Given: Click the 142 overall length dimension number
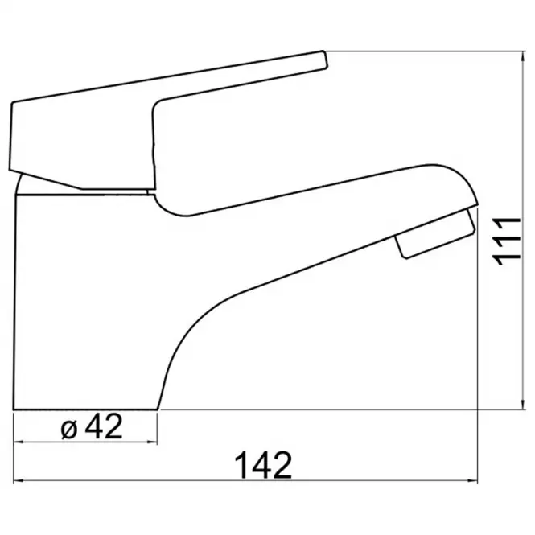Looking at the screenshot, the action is tap(263, 465).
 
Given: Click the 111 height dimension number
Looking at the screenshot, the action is tap(506, 241).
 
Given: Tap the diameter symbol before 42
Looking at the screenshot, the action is tap(69, 430).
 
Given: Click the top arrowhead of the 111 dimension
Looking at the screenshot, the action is tap(523, 57).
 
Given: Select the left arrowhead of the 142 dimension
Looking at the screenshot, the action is tap(19, 481).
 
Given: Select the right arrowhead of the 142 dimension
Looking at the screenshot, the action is tap(471, 481).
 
